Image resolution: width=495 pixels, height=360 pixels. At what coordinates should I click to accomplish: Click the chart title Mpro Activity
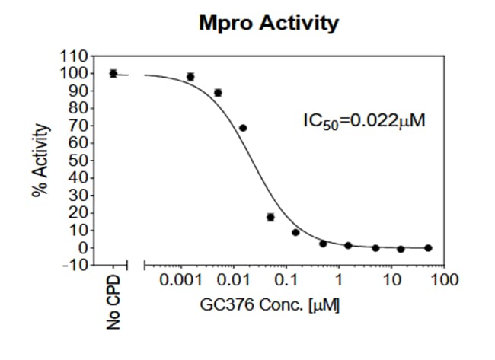pos(268,24)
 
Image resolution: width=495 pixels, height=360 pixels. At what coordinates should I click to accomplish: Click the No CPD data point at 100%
pos(113,73)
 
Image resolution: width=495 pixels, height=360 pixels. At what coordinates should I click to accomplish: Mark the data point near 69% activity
pos(243,128)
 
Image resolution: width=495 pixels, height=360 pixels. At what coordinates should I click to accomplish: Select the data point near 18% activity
pos(270,217)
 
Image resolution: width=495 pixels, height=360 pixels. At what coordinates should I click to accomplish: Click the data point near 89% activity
pos(218,93)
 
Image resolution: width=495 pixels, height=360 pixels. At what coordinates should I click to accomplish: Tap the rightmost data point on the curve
pos(428,247)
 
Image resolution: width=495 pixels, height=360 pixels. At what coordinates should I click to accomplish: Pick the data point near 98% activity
pos(190,77)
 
